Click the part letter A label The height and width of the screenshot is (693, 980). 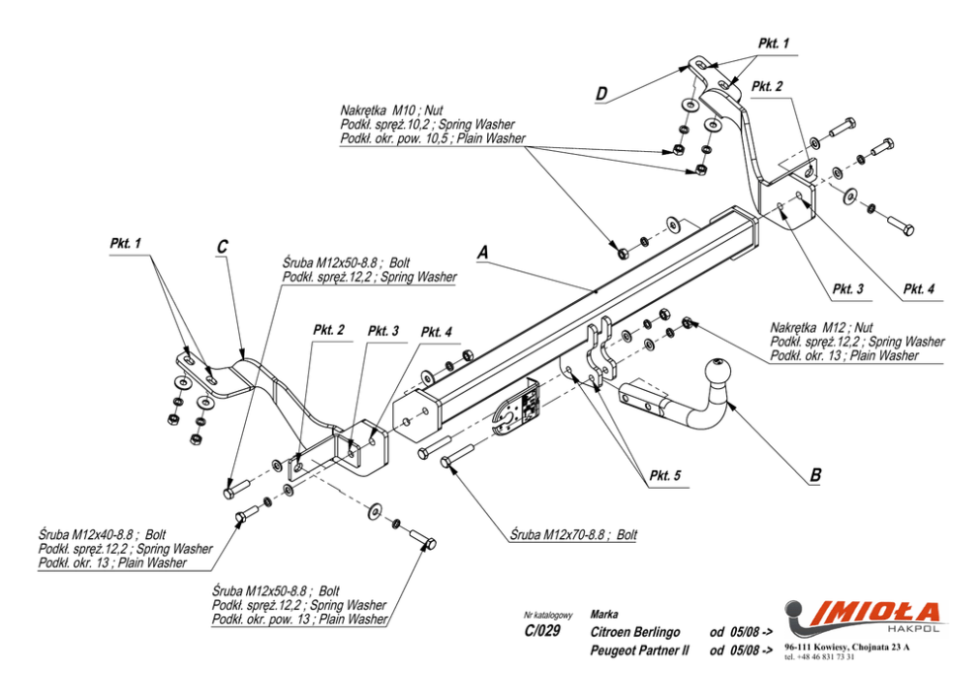(x=482, y=253)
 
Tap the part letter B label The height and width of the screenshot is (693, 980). (x=815, y=475)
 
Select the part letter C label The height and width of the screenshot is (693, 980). (x=222, y=247)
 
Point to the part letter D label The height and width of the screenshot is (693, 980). (x=601, y=94)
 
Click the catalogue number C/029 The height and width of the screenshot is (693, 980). (x=542, y=631)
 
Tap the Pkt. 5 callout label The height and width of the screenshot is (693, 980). (x=665, y=476)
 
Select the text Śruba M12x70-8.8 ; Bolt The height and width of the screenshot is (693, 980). (x=573, y=534)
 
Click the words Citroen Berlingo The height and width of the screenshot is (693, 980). (x=635, y=632)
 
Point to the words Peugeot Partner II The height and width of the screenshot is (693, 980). (x=639, y=651)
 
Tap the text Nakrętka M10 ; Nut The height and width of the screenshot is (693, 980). (x=391, y=112)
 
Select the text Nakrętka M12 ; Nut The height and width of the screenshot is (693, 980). (x=821, y=328)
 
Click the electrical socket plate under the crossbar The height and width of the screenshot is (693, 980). (x=517, y=410)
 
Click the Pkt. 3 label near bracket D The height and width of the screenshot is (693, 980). (x=849, y=289)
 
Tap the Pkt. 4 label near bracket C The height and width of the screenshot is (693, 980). (x=437, y=332)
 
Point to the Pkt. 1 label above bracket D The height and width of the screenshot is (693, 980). (x=774, y=43)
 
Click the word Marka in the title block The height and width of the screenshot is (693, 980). (x=605, y=614)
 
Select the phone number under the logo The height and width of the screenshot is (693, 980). (x=819, y=656)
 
